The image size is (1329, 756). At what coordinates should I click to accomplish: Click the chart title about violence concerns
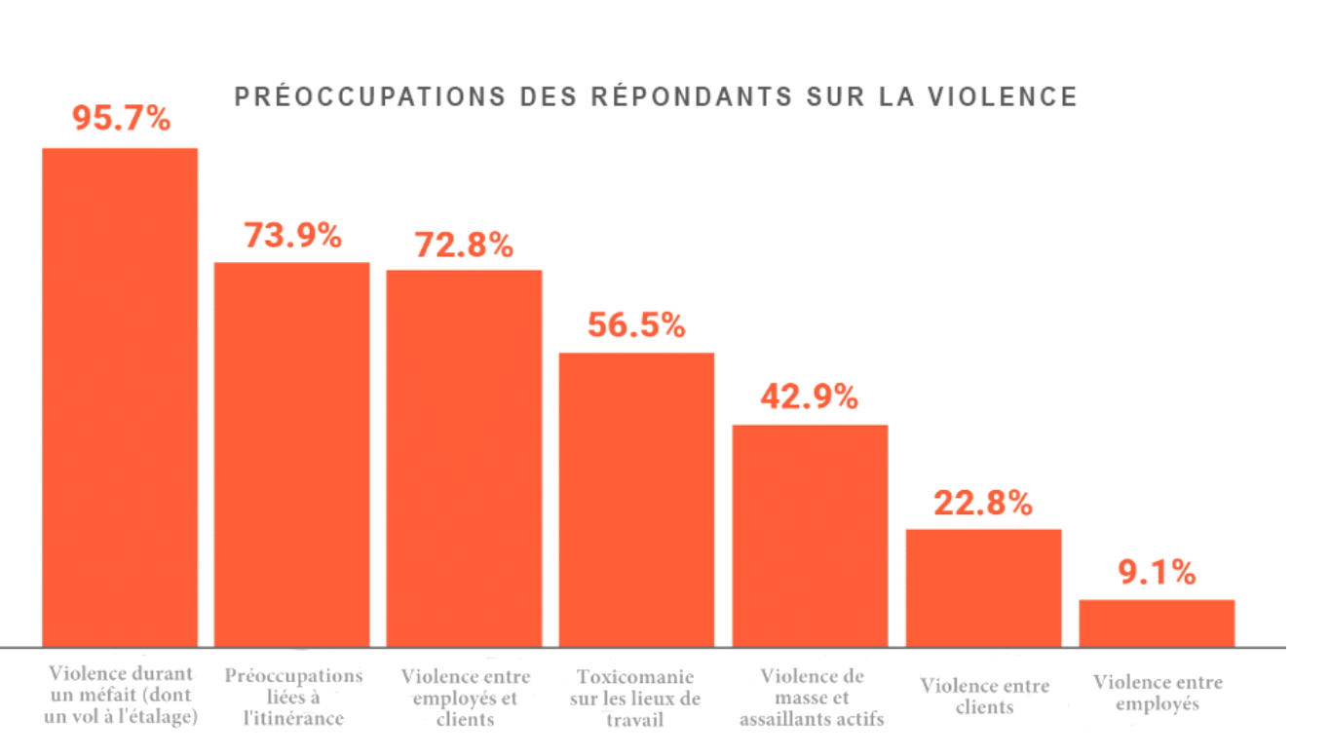(x=656, y=97)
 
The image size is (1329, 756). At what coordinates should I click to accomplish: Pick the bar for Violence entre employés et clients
(x=464, y=458)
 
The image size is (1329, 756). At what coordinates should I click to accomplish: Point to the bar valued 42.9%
(x=810, y=535)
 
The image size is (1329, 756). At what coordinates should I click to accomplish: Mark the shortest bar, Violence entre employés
(x=1157, y=623)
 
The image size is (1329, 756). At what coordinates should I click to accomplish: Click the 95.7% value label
(x=121, y=119)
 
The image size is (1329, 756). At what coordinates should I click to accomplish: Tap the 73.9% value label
(x=292, y=236)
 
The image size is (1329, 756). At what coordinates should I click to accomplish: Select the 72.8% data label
(x=464, y=245)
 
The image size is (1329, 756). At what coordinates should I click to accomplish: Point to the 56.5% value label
(x=636, y=325)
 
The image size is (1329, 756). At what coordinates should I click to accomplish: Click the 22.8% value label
(x=983, y=504)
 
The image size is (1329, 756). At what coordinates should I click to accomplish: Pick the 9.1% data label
(x=1157, y=574)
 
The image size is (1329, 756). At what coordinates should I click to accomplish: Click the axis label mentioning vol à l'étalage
(x=123, y=696)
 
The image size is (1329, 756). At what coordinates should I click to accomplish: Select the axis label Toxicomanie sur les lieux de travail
(x=637, y=698)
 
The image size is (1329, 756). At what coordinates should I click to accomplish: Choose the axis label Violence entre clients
(x=984, y=696)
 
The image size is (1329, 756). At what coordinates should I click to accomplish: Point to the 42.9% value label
(x=810, y=397)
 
